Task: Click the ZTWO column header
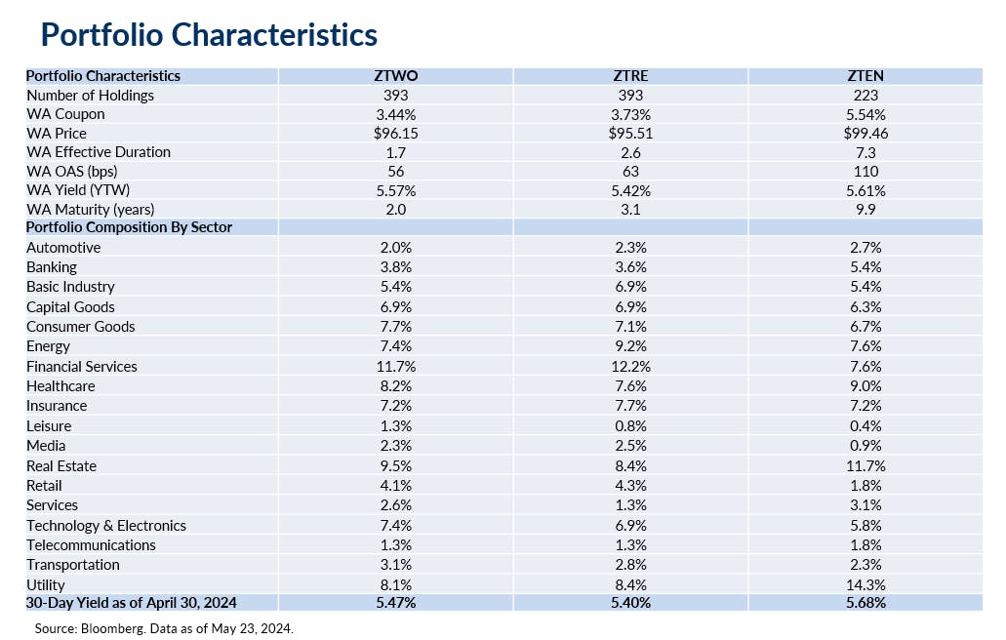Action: pos(395,75)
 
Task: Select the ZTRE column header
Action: pos(630,75)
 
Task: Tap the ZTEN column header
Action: pos(865,75)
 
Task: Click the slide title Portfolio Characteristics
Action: pos(209,35)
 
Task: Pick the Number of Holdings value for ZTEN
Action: pos(865,95)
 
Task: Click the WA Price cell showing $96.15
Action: pos(395,133)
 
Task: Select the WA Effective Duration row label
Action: pos(98,152)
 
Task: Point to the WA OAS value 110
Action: pos(865,172)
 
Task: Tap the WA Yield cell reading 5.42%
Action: pos(630,191)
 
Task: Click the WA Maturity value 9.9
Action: pos(865,209)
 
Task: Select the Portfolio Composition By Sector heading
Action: pos(129,227)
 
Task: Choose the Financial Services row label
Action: pos(82,366)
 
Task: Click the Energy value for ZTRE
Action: pos(630,346)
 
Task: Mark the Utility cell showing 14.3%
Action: pos(865,583)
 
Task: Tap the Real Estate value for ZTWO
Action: pos(395,465)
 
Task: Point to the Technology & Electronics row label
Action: pos(106,525)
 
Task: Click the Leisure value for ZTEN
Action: pos(865,425)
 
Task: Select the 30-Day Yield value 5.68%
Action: pos(865,603)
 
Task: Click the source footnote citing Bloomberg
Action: pos(164,628)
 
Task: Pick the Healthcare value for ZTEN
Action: pos(865,386)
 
